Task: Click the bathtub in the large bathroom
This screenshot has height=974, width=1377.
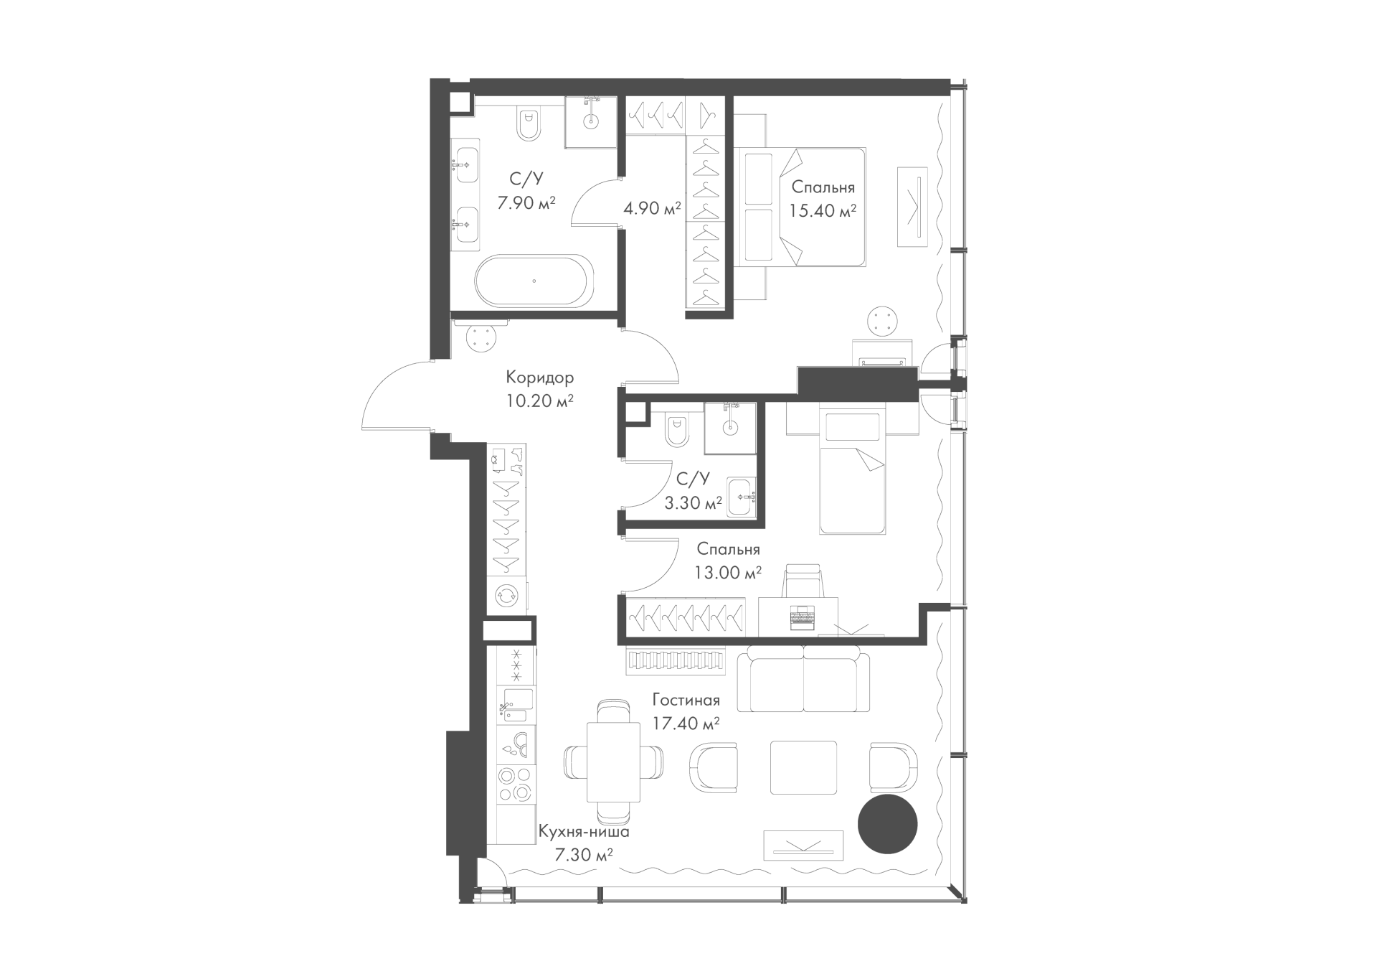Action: point(534,281)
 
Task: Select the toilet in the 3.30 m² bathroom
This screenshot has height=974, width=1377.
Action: point(676,429)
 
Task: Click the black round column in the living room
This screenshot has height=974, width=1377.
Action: point(887,824)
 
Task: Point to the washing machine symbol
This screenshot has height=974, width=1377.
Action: point(506,595)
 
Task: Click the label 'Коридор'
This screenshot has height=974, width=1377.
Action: point(539,377)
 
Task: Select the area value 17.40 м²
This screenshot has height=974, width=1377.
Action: point(686,724)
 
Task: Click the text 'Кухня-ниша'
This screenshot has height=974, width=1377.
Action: point(584,833)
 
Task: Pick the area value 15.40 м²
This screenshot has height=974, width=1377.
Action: point(823,211)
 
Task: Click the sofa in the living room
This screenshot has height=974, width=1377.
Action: point(804,676)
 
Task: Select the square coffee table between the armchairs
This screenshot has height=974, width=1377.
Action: point(803,767)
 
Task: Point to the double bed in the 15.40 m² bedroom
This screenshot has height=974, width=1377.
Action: point(800,207)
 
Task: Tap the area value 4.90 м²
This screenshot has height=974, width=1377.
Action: point(652,209)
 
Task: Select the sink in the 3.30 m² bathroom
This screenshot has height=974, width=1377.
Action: point(742,496)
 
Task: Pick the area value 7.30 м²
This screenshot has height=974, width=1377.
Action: point(584,855)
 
